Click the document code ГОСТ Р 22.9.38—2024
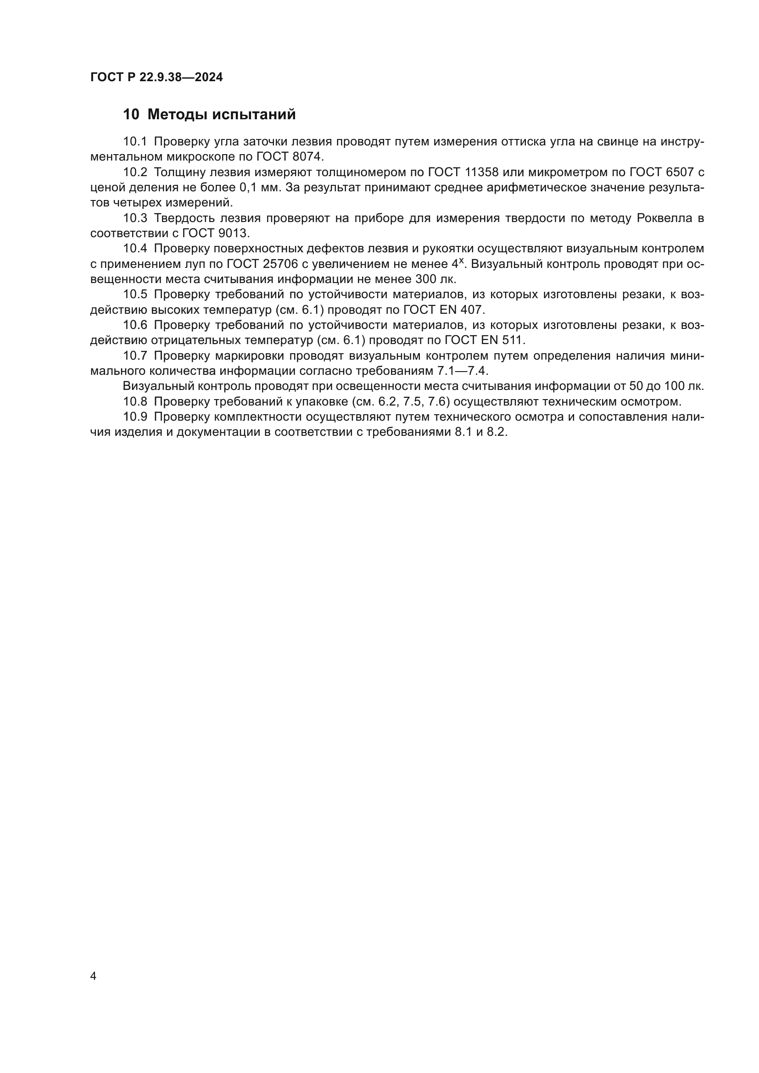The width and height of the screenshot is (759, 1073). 156,78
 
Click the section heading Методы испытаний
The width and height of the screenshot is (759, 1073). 222,115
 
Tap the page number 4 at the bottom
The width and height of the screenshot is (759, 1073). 94,976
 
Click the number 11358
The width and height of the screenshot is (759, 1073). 481,172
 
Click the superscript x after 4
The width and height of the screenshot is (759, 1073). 461,261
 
